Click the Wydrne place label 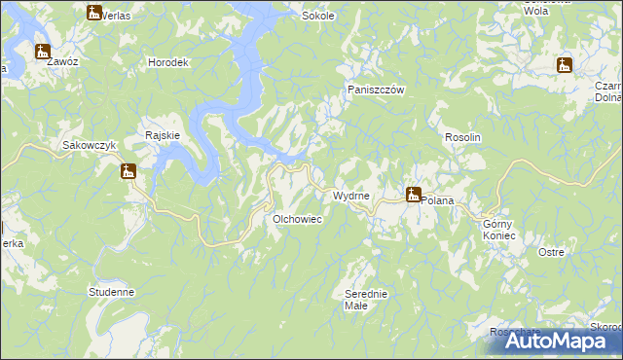pos(350,197)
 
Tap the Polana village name pos(437,199)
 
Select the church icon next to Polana pos(413,195)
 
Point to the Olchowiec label pos(297,220)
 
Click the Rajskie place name pos(162,135)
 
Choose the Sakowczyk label pos(90,145)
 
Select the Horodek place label pos(167,62)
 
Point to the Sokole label pos(318,17)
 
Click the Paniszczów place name pos(376,90)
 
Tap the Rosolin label pos(463,137)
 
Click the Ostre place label pos(551,252)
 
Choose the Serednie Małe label pos(367,299)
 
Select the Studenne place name pos(111,291)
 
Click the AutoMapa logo pos(556,341)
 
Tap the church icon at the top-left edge pos(93,13)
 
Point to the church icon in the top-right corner pos(563,66)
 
